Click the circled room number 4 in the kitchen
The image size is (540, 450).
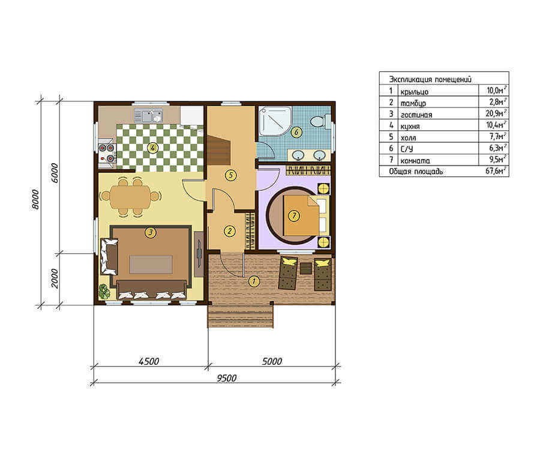[152, 148]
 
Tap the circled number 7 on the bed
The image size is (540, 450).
[294, 216]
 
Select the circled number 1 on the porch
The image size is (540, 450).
[254, 281]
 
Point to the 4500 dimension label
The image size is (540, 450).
[149, 361]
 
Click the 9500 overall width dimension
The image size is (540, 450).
[227, 378]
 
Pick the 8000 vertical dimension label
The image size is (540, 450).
[35, 199]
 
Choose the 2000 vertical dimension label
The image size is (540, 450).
[55, 278]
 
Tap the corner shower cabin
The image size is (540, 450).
[275, 121]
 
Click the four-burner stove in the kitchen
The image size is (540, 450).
[106, 153]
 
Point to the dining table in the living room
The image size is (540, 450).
[130, 197]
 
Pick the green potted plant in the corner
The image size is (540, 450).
[104, 291]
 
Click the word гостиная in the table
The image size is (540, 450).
[416, 115]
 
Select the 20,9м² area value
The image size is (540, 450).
[496, 113]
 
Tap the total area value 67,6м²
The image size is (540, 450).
[496, 171]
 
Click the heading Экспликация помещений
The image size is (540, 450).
[430, 80]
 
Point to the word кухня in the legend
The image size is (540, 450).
[410, 127]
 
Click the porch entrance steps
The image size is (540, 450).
[241, 316]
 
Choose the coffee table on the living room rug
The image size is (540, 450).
[151, 265]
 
